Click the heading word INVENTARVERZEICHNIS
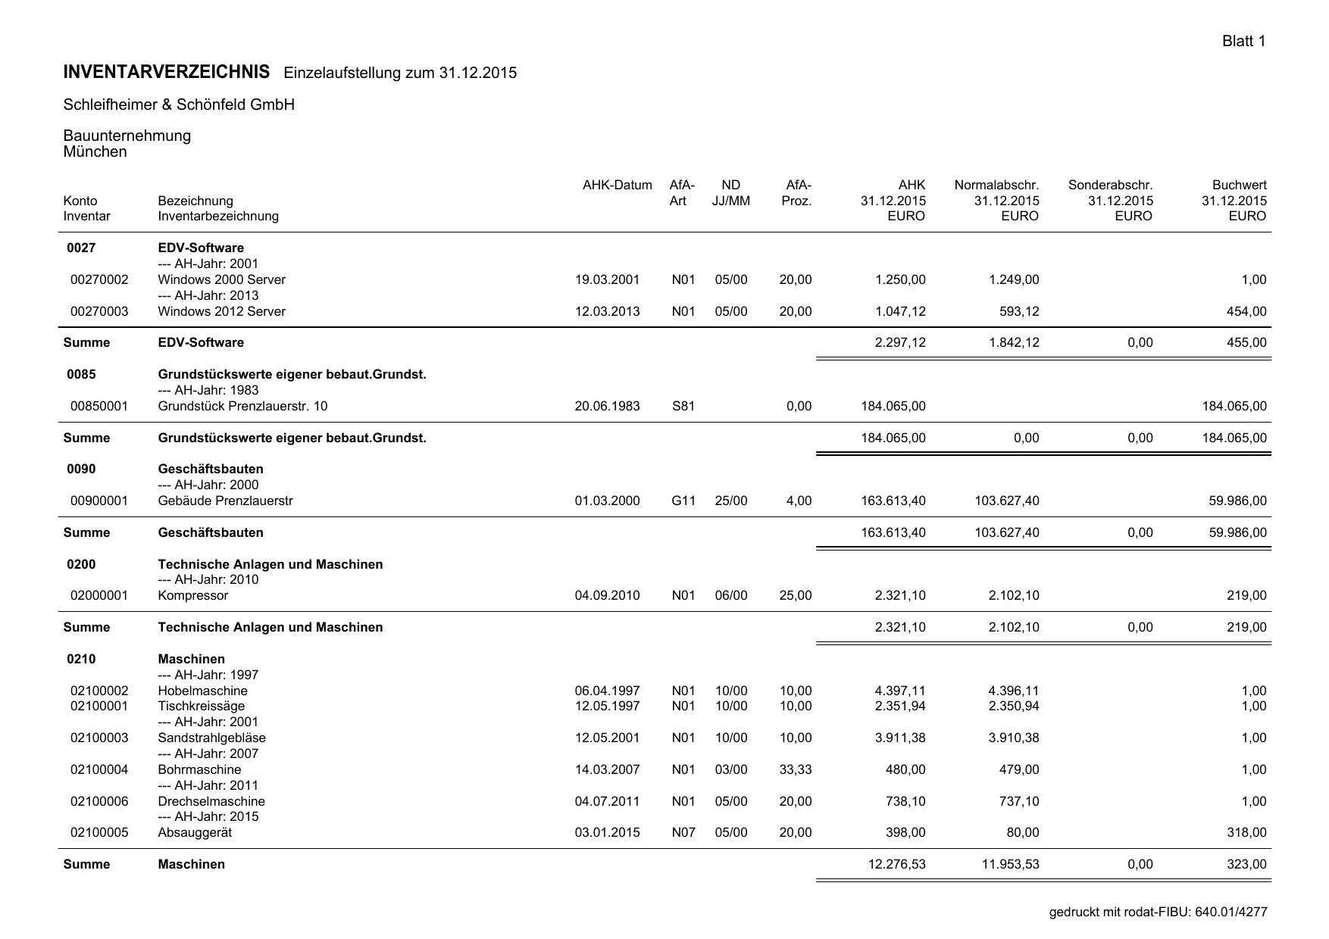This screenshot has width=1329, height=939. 166,72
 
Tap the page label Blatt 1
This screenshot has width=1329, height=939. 1243,41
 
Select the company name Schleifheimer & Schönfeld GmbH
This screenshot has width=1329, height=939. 179,105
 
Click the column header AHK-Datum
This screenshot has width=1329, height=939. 617,185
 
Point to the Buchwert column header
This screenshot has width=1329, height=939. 1239,185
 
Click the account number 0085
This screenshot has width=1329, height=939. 81,374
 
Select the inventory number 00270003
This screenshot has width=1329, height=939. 99,311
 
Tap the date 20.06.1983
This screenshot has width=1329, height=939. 607,406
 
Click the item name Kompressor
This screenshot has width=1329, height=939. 192,595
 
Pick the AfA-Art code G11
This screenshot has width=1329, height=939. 683,501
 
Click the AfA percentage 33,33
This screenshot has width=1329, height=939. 795,769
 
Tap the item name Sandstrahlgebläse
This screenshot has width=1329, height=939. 211,738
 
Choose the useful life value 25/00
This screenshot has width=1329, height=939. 730,501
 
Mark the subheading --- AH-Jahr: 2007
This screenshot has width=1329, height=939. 208,753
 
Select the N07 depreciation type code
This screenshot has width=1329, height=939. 683,832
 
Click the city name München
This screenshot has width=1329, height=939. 95,151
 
